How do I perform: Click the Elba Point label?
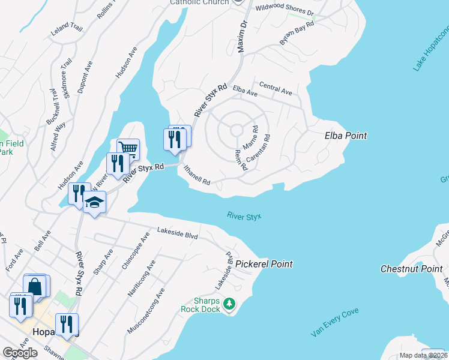pos(345,136)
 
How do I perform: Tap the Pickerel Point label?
pos(264,264)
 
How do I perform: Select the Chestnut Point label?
pos(411,269)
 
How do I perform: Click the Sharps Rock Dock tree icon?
pos(228,305)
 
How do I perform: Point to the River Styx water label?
pos(245,216)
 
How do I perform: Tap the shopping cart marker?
pos(128,148)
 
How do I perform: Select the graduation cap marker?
pos(95,202)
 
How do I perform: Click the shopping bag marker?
pos(35,286)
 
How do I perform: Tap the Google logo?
pos(20,353)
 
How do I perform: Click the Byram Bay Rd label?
pos(297,35)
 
